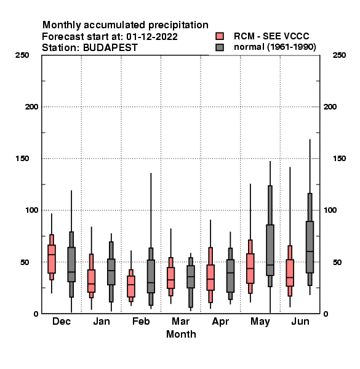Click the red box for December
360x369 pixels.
pos(52,259)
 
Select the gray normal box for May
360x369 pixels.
pos(270,250)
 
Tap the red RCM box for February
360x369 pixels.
pos(131,287)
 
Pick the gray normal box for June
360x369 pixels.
pos(310,247)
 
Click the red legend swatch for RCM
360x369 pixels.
pos(220,36)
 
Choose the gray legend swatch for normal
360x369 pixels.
pos(220,47)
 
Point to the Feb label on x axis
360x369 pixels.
pos(141,321)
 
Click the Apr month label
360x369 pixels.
pos(220,322)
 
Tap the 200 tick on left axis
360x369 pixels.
pos(31,107)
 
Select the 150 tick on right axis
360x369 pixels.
pos(339,159)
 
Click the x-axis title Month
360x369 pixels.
pos(181,334)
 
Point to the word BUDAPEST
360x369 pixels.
pos(110,48)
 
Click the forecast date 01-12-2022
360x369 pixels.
pos(152,37)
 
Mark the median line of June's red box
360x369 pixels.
pos(290,277)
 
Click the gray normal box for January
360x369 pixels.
pos(111,272)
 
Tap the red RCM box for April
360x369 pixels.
pos(210,277)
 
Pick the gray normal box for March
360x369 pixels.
pos(191,277)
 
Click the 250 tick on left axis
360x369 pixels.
pos(22,55)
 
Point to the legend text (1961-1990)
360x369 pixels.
pos(292,47)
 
